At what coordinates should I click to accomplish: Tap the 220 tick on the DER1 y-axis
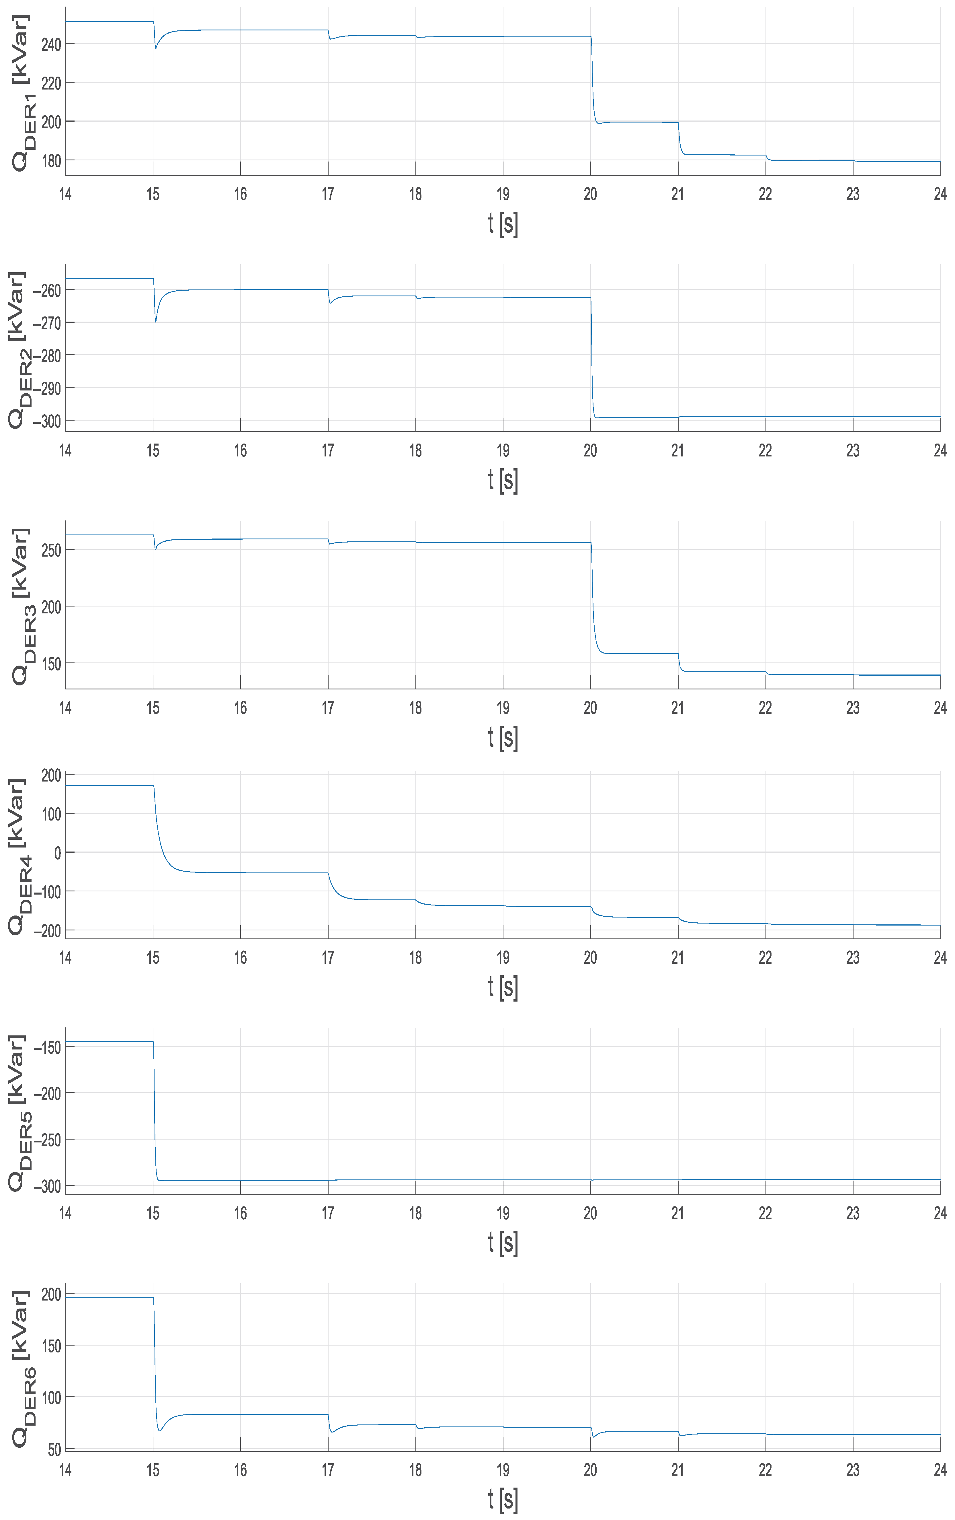[50, 83]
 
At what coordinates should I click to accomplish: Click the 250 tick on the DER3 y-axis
[50, 550]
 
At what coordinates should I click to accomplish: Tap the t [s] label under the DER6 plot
[503, 1500]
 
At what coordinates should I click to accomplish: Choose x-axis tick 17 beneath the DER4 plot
[328, 958]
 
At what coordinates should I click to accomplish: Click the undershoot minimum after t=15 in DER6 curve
[160, 1430]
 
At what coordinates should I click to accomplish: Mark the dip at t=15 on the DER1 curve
[156, 48]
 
